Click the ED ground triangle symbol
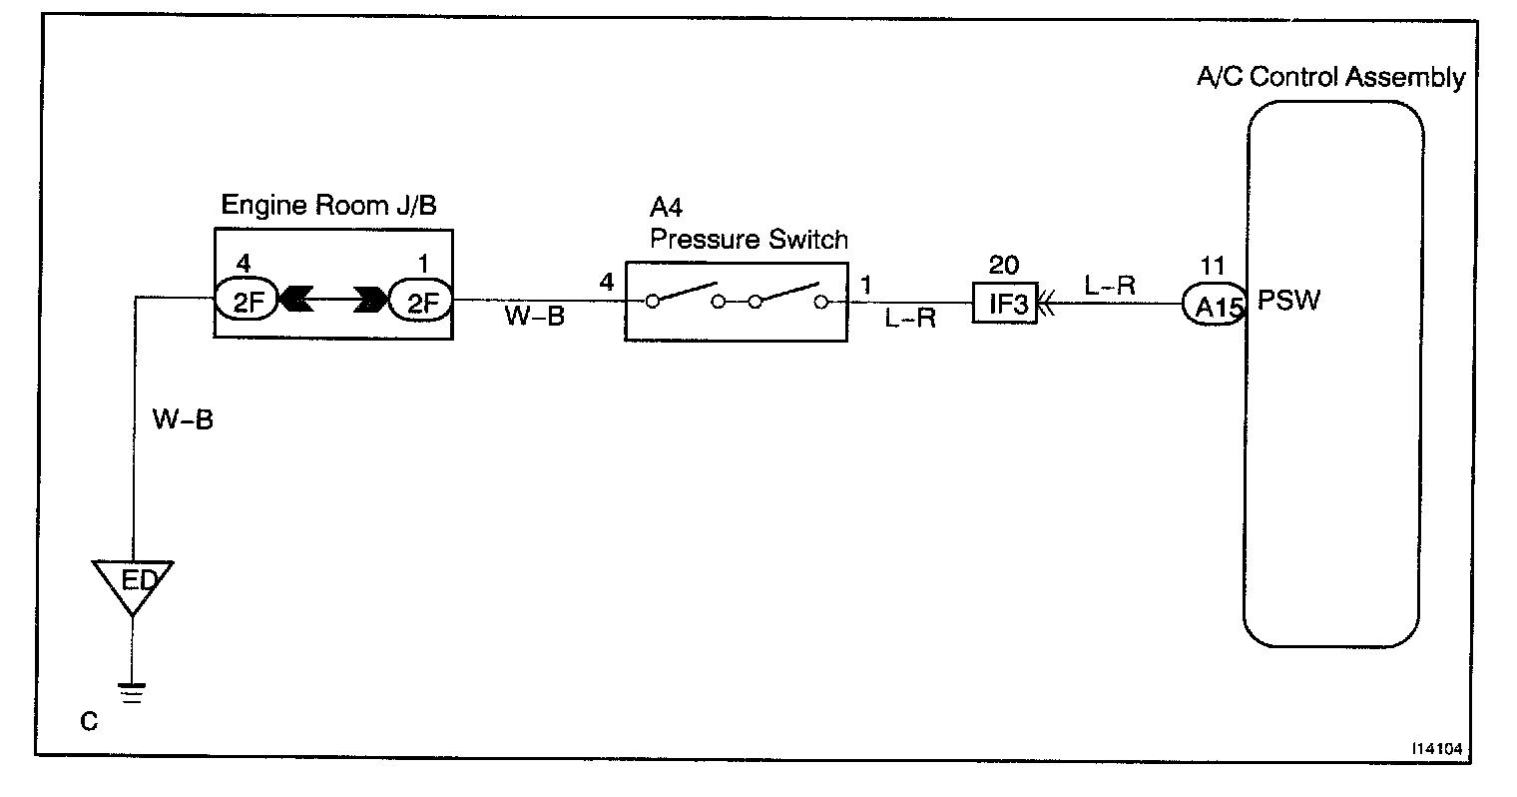132,581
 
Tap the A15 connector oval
1212,307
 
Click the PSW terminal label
1287,301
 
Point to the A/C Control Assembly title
1331,78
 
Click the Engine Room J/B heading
328,206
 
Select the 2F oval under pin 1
420,300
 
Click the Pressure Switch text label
749,240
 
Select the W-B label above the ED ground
183,419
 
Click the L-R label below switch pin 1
909,320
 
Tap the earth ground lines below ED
132,692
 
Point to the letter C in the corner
89,721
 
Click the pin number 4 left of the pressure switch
607,284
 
